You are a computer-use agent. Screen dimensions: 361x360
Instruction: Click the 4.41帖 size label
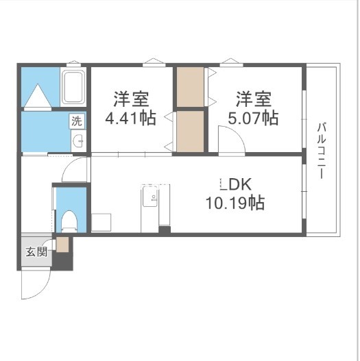(130, 118)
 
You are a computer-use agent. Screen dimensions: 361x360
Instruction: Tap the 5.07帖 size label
(253, 118)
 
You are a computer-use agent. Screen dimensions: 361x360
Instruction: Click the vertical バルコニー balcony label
(321, 150)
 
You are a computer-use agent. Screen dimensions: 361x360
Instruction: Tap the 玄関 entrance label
(36, 251)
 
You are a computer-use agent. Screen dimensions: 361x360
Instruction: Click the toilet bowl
(69, 220)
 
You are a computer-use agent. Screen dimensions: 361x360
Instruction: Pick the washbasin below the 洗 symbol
(78, 142)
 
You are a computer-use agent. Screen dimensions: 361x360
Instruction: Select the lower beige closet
(190, 131)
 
